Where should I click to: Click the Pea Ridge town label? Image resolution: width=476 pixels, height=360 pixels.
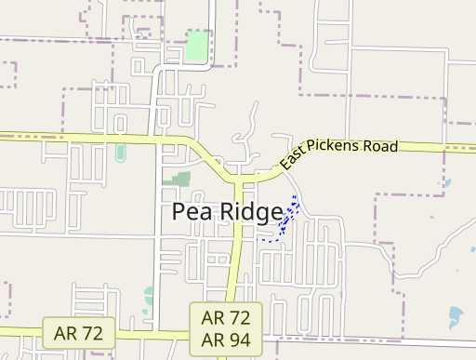227,213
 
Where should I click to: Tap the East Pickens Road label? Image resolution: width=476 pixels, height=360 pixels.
338,153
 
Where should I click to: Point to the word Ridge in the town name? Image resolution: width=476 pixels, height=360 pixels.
250,213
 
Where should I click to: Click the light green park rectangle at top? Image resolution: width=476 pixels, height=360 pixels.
196,47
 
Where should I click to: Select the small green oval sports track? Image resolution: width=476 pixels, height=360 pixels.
120,152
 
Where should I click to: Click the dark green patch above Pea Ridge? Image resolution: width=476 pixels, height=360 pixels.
178,178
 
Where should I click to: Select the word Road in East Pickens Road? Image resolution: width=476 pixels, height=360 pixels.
381,147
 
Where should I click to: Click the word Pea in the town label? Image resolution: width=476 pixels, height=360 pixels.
190,213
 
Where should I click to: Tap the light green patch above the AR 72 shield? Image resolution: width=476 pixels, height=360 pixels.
148,297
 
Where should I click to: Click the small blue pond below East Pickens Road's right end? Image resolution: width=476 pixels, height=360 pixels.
447,183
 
